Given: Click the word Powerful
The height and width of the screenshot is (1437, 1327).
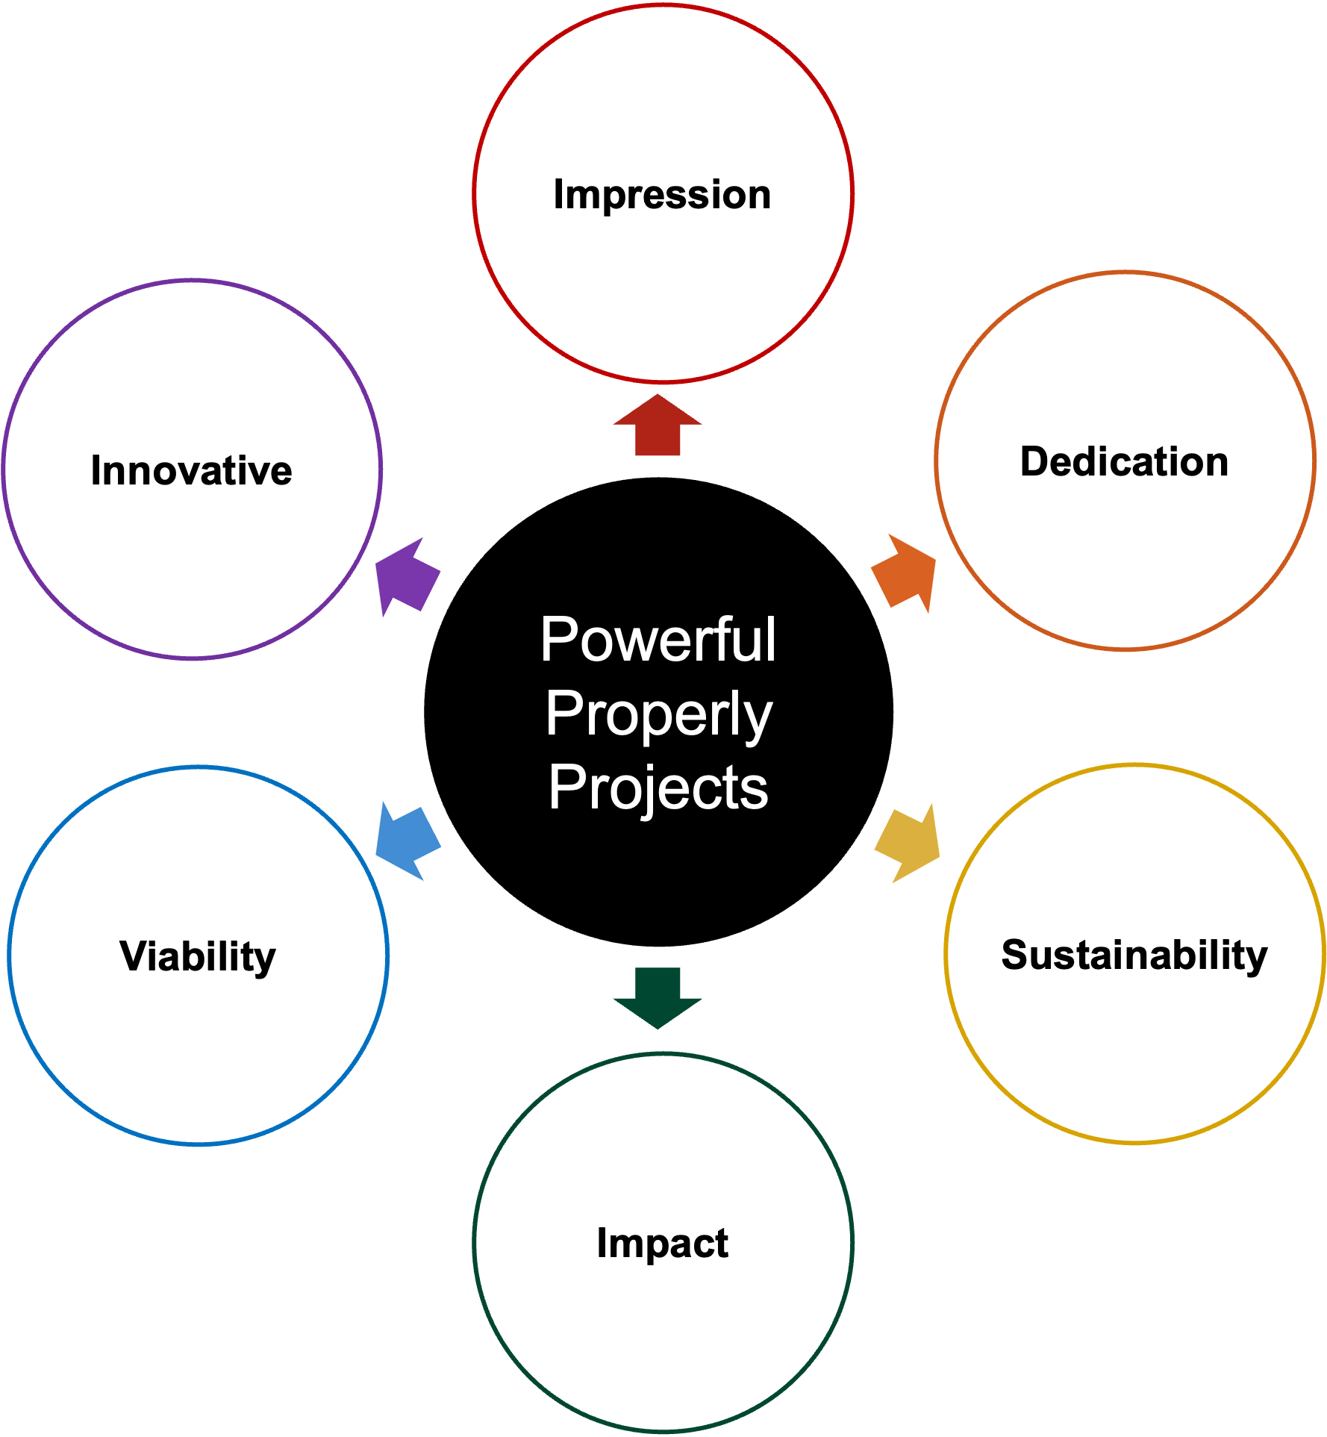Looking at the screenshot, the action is coord(658,640).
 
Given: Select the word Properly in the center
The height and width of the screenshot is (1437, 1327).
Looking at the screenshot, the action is coord(658,714).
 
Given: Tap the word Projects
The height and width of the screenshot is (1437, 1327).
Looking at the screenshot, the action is coord(658,788).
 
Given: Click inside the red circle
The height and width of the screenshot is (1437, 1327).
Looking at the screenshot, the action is coord(663,193).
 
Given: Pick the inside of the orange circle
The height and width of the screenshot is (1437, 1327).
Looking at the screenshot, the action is coord(1125,461).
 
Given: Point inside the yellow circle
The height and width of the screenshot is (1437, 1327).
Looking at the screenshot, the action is coord(1134,953).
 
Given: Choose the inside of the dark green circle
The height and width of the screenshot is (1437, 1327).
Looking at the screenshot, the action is coord(663,1243).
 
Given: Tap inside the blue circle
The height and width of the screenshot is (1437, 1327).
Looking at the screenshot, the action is coord(198,956).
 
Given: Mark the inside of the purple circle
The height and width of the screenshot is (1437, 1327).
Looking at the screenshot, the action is coord(192,470).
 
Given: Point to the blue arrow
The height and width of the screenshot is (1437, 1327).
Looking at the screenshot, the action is coord(408,841).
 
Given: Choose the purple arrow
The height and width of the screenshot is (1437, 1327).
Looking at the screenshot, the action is coord(406,576).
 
